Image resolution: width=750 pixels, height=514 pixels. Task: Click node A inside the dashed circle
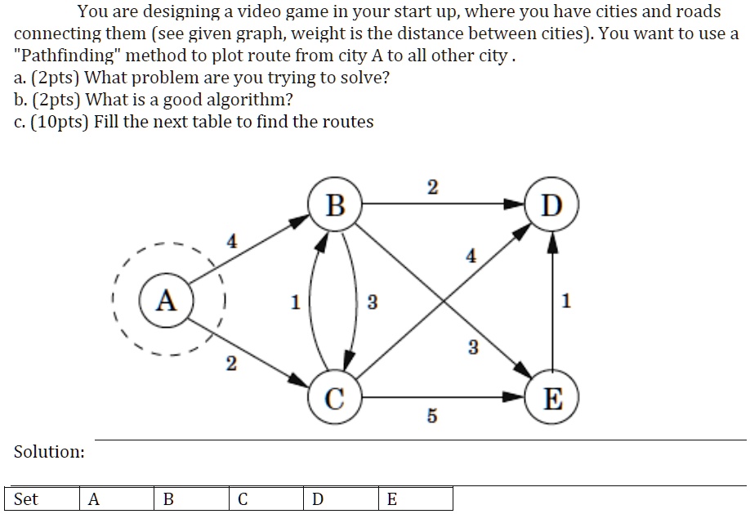click(x=167, y=302)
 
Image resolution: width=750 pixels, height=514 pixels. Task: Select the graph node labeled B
click(x=335, y=205)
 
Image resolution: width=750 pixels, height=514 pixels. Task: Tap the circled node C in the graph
click(x=335, y=399)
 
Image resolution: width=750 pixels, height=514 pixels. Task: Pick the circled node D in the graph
click(x=553, y=205)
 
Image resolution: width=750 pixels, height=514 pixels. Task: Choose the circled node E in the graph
click(x=553, y=399)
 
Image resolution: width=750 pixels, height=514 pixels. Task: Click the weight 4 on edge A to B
click(x=232, y=242)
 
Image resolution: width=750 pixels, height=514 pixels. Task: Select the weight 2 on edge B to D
click(x=432, y=187)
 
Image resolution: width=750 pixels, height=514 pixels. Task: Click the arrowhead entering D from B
click(x=516, y=205)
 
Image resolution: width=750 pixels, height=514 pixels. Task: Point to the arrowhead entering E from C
click(x=516, y=399)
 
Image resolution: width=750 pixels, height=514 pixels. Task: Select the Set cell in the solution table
click(x=26, y=499)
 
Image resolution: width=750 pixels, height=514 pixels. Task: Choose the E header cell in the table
click(x=391, y=499)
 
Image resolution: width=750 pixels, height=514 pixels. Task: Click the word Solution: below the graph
click(x=49, y=452)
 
